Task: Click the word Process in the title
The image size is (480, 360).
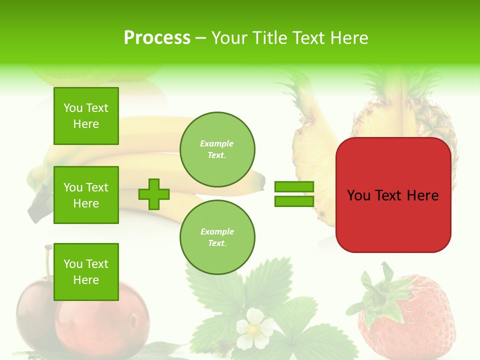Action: (157, 38)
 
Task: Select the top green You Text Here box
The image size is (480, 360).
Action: (86, 116)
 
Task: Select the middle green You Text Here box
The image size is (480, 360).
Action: (86, 195)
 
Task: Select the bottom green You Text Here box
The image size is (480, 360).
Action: (86, 272)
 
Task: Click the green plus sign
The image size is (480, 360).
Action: (154, 194)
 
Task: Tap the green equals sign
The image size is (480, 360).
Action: (294, 194)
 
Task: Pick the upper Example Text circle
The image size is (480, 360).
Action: (217, 149)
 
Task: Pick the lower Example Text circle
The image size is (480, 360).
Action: (217, 237)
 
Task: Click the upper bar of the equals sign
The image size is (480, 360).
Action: (294, 186)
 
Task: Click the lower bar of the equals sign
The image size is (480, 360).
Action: (294, 201)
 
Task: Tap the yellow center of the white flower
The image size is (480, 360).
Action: (254, 329)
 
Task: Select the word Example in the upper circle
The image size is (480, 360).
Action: (216, 143)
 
